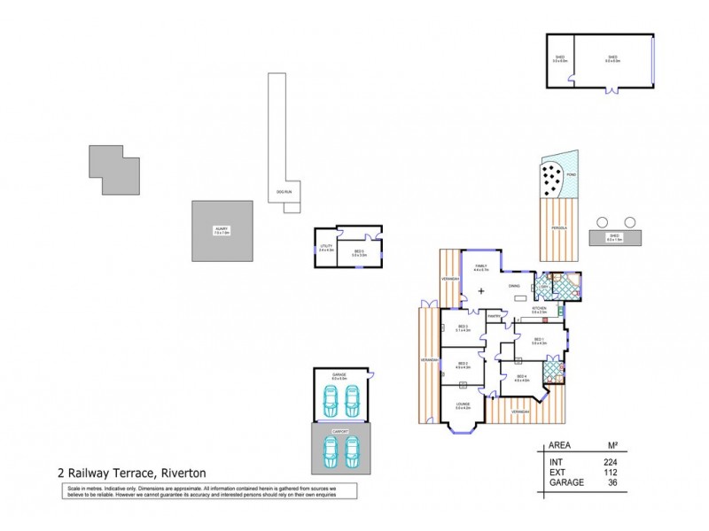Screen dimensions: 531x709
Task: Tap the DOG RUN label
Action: (284, 191)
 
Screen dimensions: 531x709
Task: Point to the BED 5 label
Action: (359, 252)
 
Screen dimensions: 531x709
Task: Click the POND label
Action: (571, 175)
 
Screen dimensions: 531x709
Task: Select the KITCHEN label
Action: (539, 309)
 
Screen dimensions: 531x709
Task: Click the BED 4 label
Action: (522, 378)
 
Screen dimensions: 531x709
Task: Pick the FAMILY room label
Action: (481, 265)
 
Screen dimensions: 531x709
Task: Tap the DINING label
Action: (514, 286)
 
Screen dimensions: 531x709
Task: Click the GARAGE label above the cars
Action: (339, 375)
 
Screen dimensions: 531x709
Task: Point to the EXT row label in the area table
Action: (557, 473)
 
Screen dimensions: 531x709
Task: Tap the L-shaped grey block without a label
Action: (114, 170)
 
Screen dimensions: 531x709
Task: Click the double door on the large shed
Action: (611, 88)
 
